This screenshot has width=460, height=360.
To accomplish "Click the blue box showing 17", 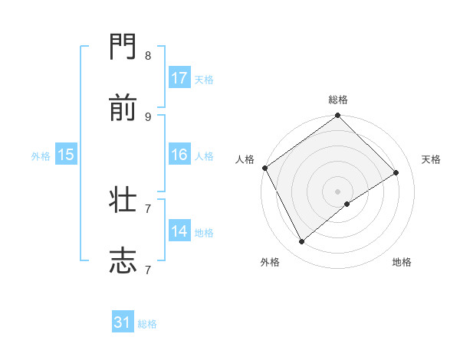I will [x=179, y=78].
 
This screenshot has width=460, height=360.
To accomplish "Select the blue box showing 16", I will [x=179, y=155].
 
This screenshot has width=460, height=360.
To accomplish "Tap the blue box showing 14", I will [x=179, y=231].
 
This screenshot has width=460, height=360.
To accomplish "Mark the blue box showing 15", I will [x=66, y=155].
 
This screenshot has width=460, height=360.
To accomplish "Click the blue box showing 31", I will [x=123, y=323].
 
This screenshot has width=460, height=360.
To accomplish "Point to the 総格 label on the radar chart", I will [x=338, y=100].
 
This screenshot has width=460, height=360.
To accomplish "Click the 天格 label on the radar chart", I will [x=431, y=159].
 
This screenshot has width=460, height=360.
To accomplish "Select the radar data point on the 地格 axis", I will [x=347, y=204].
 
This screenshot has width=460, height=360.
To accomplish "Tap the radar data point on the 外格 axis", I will [x=302, y=242].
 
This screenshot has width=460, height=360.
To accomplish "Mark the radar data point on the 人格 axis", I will [x=264, y=168].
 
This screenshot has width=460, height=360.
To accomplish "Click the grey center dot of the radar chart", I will [x=338, y=191].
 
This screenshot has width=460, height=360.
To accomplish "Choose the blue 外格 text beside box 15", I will [x=41, y=155].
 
